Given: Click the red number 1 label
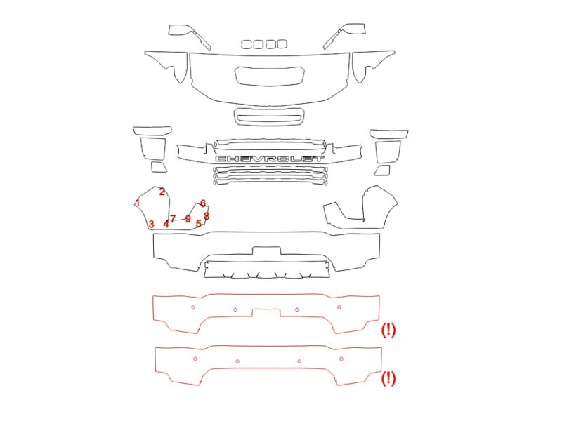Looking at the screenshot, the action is (x=138, y=203).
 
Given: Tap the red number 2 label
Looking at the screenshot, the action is (x=162, y=192).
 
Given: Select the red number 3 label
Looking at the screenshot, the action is (x=151, y=224).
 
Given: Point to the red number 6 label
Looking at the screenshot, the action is (x=166, y=224).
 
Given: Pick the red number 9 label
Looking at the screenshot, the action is (x=198, y=224).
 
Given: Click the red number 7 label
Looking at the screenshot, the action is (x=203, y=203).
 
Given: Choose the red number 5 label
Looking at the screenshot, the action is (x=173, y=218).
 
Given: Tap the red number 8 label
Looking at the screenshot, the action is (x=207, y=216).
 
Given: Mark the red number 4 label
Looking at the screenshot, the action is (x=188, y=218).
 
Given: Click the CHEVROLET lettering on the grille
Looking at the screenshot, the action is (x=270, y=159).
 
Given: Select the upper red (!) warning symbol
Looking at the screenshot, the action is (x=388, y=330).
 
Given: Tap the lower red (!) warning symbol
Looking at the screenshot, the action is (x=388, y=378).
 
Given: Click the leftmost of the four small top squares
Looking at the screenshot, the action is (x=247, y=44).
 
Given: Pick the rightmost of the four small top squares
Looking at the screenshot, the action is (x=282, y=44).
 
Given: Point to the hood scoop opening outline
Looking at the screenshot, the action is (x=270, y=76).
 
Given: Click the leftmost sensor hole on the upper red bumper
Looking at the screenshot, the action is (x=193, y=307).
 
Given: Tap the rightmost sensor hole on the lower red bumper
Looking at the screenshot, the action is (x=341, y=359).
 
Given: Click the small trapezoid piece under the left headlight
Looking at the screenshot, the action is (x=159, y=167).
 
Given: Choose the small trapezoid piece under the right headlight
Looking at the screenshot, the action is (x=382, y=171).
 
